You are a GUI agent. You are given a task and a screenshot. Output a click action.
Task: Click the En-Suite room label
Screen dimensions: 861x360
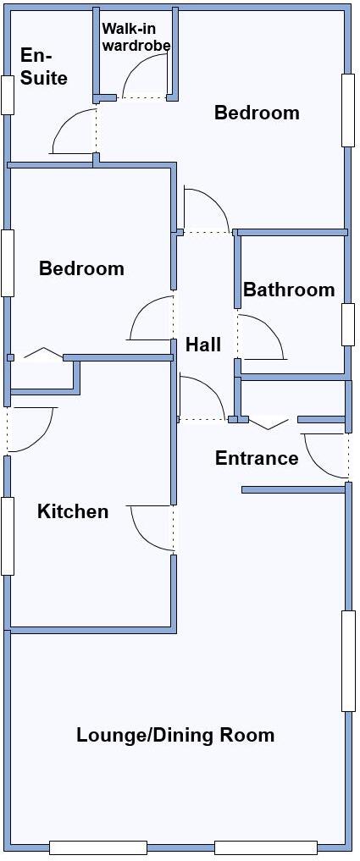coord(43,66)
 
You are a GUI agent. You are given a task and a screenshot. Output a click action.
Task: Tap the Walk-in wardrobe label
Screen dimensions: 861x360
coord(136,36)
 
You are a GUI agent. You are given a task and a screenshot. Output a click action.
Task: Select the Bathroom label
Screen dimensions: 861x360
coord(289,290)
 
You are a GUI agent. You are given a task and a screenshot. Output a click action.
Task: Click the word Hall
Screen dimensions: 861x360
coord(203,345)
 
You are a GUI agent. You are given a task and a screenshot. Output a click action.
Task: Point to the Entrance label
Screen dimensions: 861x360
coord(257,458)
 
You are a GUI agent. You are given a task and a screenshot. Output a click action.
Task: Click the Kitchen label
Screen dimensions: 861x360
coord(73,511)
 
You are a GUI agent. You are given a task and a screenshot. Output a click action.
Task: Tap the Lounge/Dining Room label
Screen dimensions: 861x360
coord(175,734)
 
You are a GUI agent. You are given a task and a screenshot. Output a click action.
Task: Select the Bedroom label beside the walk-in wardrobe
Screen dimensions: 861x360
coord(257,113)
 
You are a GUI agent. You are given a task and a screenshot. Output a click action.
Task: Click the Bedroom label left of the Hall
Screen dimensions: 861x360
coord(81,268)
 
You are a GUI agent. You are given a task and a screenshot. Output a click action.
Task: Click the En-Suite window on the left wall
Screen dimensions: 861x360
coord(8,95)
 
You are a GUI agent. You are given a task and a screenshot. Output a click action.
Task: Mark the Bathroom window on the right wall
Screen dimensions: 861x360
coord(347,323)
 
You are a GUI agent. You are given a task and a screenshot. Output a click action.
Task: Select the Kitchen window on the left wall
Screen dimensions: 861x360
coord(8,535)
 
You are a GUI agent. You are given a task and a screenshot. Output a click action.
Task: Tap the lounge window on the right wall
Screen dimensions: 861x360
coord(348,660)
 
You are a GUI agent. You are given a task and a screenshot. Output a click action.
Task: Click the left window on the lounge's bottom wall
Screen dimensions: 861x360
coord(97,847)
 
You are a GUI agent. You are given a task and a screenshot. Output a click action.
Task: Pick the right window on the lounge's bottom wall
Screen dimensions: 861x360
coord(265,847)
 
